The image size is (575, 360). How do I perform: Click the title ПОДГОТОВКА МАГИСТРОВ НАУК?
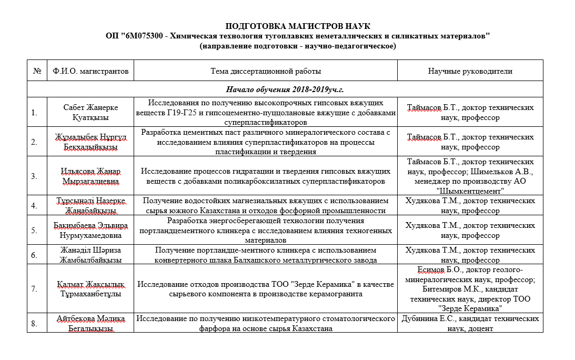pos(298,26)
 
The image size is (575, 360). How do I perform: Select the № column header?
pos(37,71)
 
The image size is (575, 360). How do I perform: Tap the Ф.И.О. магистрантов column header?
pos(90,71)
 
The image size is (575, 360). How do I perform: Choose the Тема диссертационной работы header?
pos(265,71)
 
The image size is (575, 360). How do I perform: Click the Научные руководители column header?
pos(470,71)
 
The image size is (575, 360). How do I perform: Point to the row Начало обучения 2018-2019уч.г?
pos(285,89)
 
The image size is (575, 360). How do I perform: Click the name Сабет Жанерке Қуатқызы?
pos(90,112)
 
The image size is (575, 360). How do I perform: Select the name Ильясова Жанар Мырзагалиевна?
pos(90,176)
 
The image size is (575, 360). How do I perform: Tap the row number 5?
pos(34,230)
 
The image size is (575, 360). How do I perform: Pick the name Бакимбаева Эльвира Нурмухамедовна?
pos(90,230)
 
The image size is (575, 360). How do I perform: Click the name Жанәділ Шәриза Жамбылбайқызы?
pos(90,255)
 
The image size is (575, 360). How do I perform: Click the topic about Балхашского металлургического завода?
pos(265,255)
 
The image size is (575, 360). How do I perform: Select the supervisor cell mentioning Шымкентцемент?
pos(470,176)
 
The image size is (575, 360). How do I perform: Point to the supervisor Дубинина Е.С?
pos(470,323)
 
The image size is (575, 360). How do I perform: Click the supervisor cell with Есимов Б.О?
pos(470,289)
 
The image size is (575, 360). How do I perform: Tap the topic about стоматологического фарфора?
pos(265,323)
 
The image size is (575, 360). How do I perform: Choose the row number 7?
pos(34,289)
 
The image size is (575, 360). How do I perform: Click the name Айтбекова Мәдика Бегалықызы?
pos(90,323)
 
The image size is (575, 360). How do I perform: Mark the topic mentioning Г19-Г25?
pos(265,112)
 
